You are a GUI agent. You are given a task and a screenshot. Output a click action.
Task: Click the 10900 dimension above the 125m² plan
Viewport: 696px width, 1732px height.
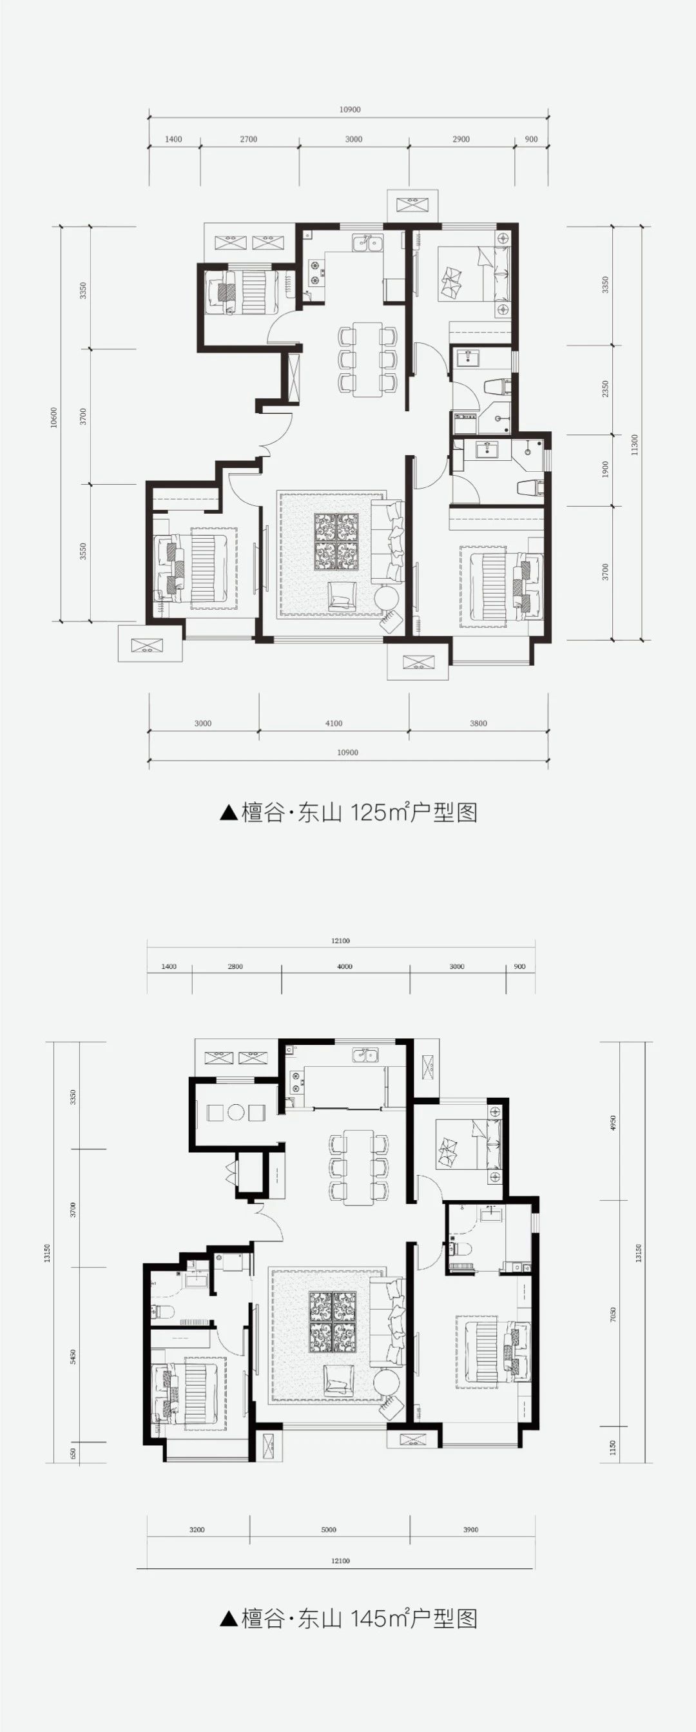coord(350,110)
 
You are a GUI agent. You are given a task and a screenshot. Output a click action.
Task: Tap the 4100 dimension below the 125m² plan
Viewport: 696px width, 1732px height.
coord(334,723)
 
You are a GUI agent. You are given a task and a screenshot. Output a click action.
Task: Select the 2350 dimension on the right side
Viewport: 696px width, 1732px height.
coord(605,389)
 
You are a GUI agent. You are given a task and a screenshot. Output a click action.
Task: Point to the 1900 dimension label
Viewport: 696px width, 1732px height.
coord(605,469)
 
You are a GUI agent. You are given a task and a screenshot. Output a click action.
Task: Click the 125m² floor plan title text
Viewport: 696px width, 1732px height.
coord(349,812)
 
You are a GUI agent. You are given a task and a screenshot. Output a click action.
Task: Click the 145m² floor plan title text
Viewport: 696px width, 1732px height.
coord(349,1618)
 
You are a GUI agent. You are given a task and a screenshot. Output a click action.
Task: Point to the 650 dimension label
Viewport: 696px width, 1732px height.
coord(73,1454)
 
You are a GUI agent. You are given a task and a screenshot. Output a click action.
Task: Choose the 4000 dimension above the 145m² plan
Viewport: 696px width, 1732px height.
coord(344,966)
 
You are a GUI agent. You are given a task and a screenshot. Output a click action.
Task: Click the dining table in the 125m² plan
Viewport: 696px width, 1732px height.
coord(367,359)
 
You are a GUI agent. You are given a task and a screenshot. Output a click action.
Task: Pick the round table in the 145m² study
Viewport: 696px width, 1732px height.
coord(235,1112)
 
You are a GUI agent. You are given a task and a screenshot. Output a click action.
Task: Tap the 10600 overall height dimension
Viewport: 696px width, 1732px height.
coord(53,417)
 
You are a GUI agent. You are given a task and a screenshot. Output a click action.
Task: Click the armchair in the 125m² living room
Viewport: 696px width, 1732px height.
coord(342,596)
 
